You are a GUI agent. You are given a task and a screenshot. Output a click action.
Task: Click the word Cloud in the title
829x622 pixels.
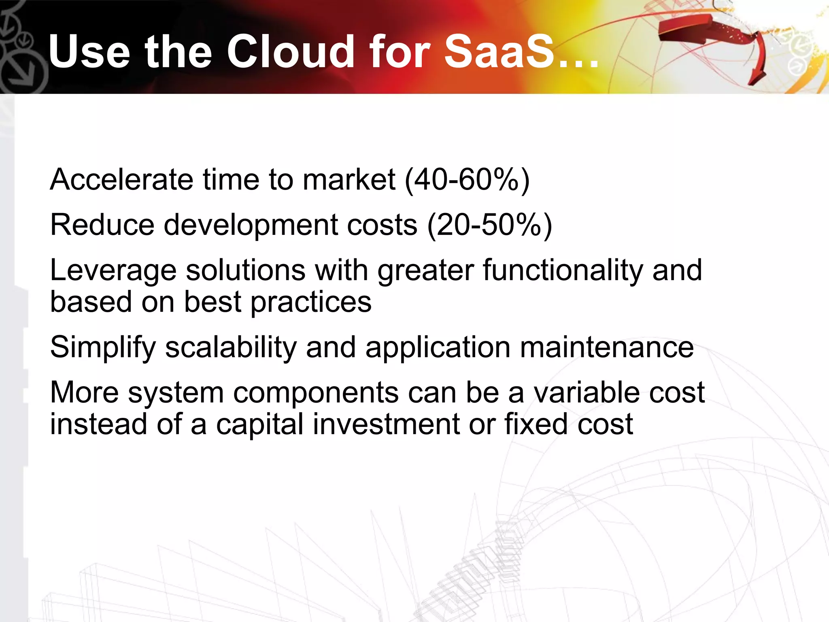291,51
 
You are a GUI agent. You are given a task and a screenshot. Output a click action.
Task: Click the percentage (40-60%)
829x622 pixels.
467,179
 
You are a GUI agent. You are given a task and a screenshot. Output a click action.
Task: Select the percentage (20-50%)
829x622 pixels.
490,225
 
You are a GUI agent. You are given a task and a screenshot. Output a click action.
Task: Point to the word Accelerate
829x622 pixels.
121,179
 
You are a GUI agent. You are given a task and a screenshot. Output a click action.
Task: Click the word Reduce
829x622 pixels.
102,225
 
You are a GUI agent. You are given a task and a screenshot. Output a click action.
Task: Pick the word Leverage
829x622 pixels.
113,271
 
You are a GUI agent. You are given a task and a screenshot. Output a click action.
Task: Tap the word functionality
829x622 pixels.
562,271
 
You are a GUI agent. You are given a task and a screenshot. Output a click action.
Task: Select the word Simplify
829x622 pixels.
103,347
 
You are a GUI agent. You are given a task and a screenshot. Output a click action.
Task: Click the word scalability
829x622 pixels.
231,347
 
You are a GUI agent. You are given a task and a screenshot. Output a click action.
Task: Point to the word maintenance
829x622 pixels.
606,347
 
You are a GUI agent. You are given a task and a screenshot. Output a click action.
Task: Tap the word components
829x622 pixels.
316,393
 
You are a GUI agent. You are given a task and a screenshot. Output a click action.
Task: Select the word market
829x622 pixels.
349,179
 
